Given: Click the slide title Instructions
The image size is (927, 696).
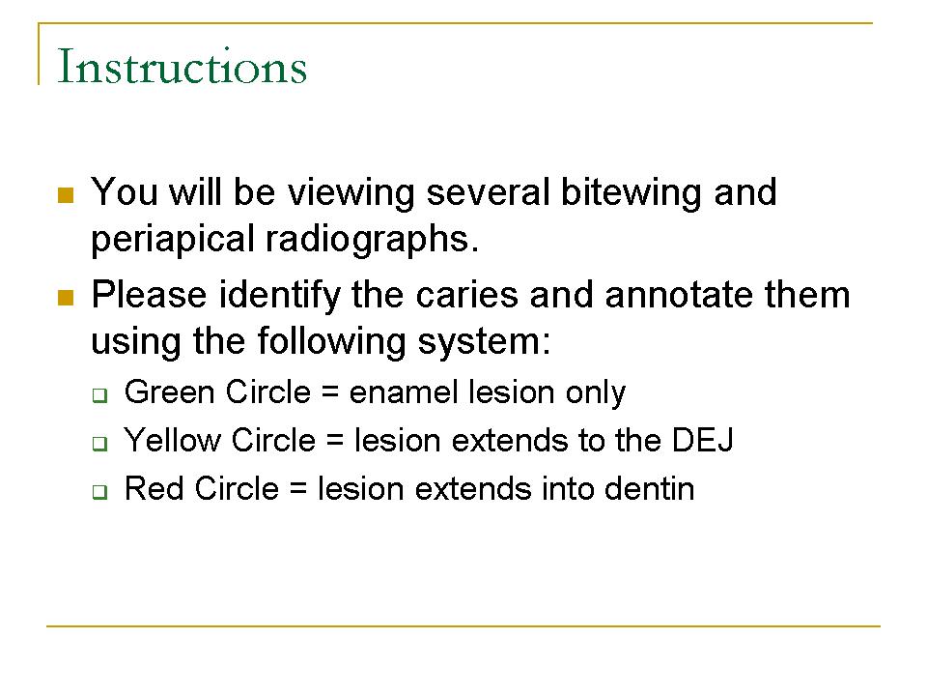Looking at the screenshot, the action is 183,66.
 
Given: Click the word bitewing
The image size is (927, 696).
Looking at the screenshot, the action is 631,194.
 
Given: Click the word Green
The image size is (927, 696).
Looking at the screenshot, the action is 170,392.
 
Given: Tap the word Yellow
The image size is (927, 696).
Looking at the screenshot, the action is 172,441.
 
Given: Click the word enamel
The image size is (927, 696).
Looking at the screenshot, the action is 404,392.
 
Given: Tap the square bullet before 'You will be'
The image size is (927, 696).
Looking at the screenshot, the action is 66,195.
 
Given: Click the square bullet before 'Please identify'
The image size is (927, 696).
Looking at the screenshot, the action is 66,297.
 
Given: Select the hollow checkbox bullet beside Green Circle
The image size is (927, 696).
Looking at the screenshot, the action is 99,394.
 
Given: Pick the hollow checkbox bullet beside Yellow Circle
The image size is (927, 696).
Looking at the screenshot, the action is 99,444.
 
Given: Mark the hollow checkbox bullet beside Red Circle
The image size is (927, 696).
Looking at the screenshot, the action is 99,492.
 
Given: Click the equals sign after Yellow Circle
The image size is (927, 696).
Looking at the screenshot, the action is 335,442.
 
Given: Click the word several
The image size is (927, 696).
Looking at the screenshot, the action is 489,192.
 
